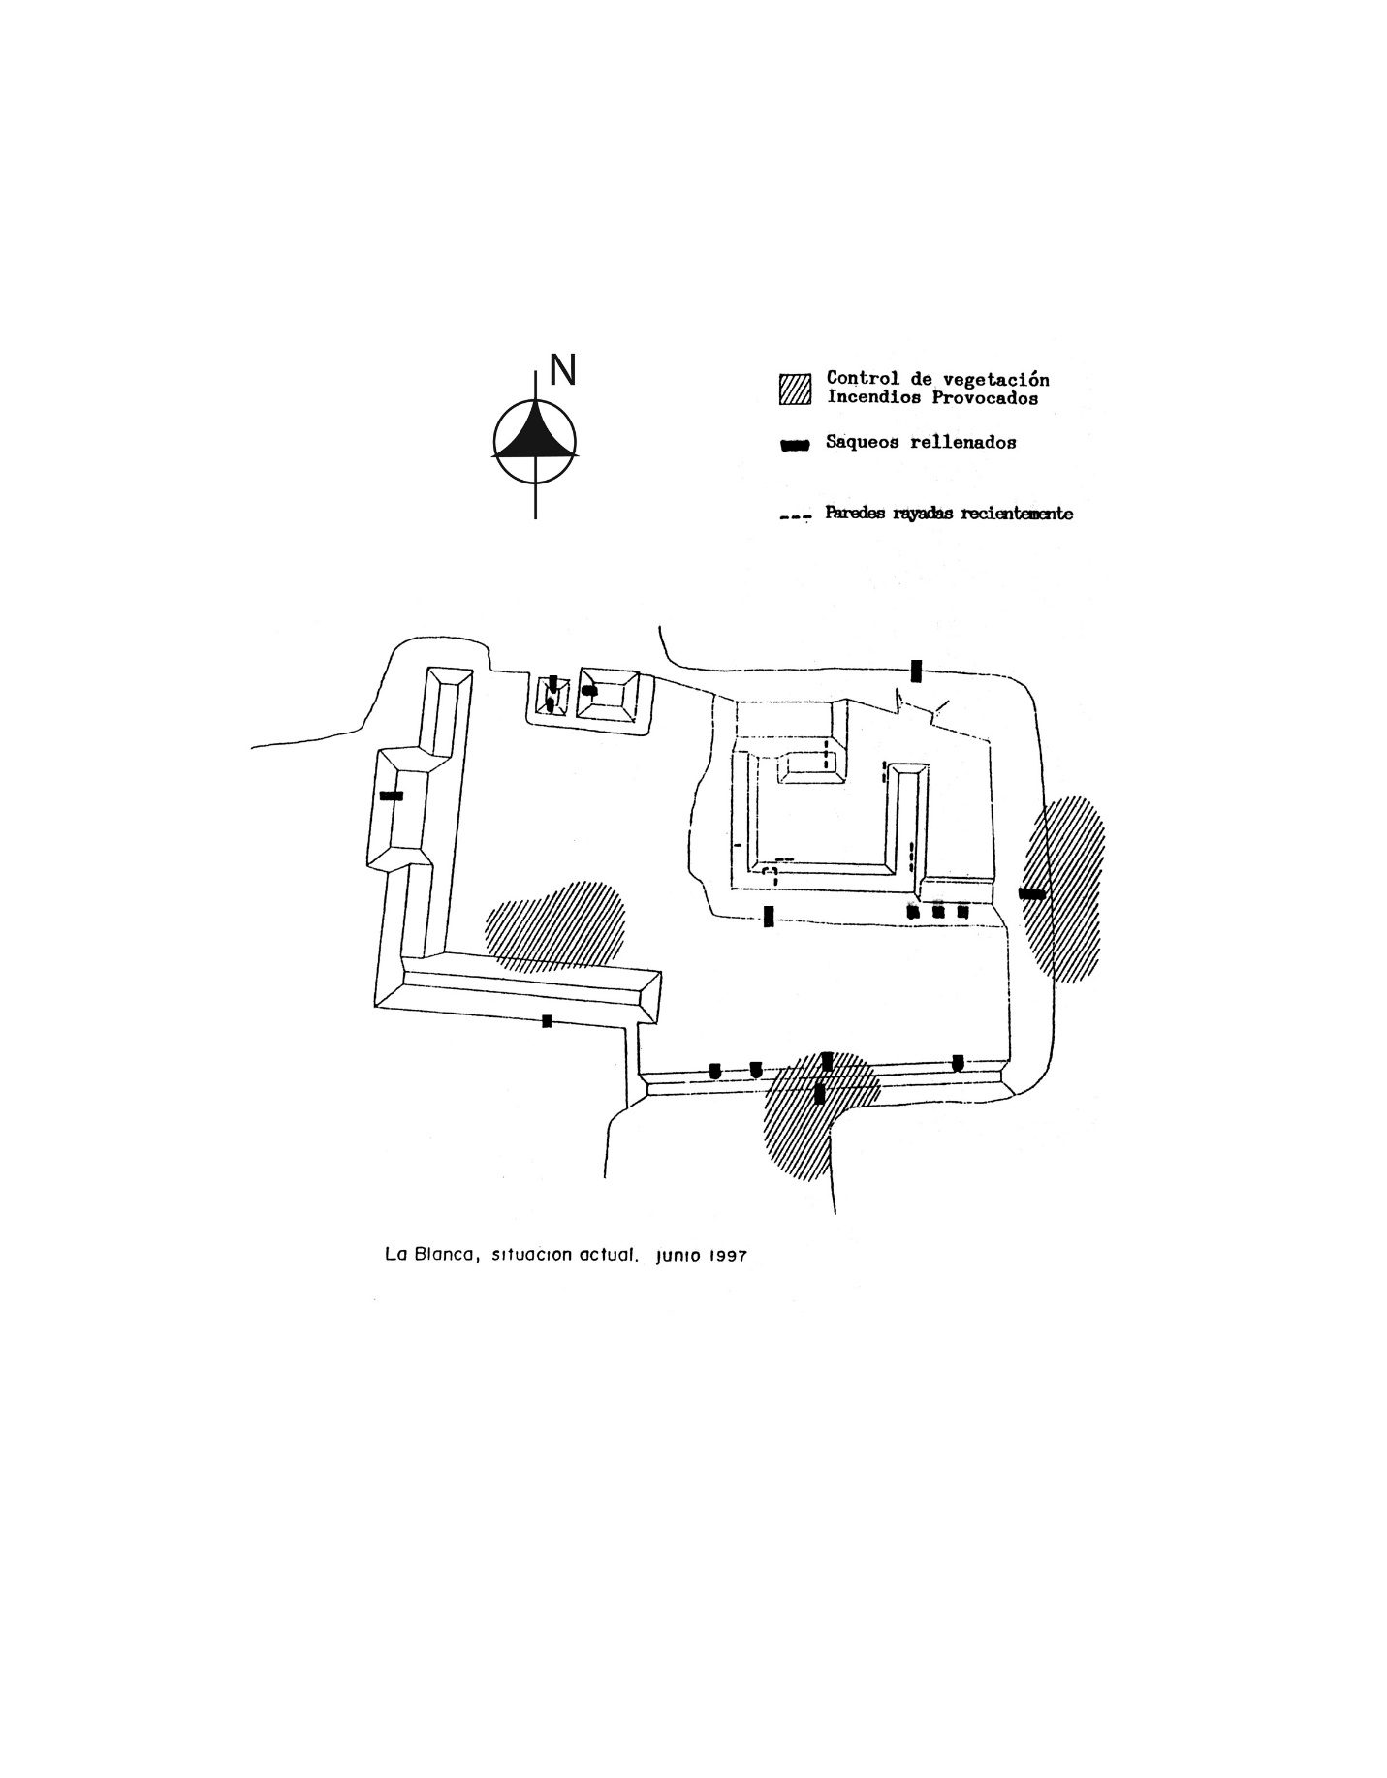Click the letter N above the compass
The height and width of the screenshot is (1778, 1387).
pos(563,369)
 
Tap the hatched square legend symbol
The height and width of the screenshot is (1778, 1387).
pos(795,389)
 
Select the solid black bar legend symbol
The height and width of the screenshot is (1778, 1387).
pos(795,445)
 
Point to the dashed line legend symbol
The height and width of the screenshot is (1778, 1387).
pos(795,516)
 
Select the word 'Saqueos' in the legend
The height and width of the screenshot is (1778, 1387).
pos(863,443)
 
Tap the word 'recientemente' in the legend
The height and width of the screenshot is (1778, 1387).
pos(1016,514)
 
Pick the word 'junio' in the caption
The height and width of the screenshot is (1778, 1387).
pos(678,1256)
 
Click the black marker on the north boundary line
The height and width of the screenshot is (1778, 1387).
pos(916,671)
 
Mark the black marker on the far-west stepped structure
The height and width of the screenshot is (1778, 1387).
pos(392,795)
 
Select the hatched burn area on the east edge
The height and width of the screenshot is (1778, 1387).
pos(1064,889)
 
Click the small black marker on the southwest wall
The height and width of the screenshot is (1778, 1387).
pos(547,1020)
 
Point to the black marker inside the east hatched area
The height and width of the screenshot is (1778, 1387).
pos(1032,893)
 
